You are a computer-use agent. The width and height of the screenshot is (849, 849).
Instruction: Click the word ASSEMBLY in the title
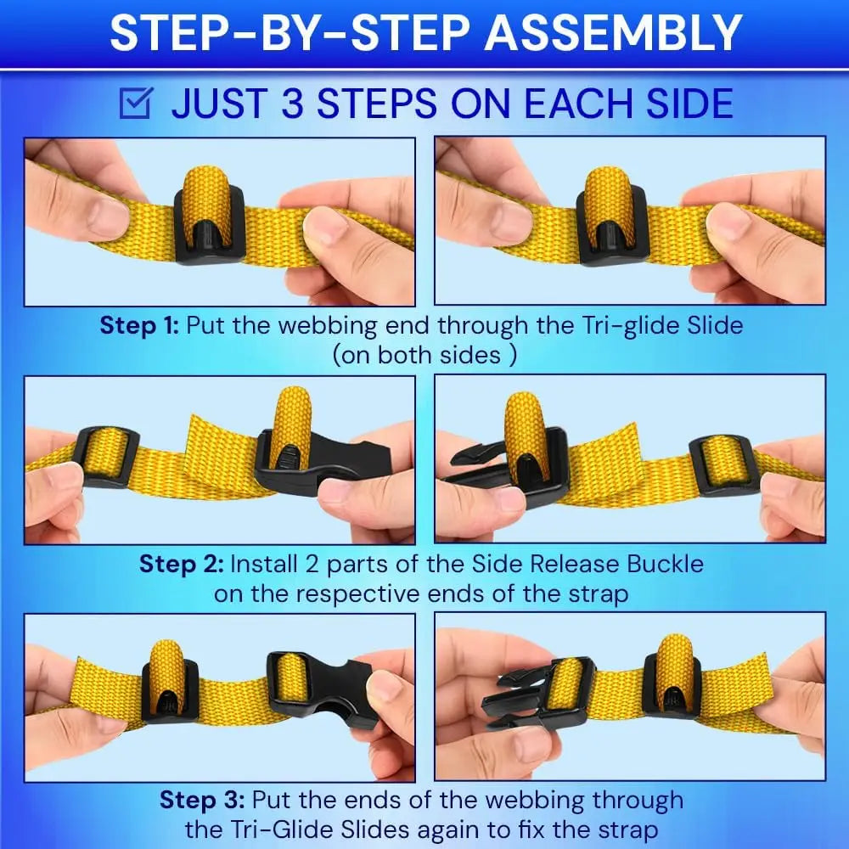tap(612, 33)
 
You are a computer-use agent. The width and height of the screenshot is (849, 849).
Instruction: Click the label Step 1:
tap(139, 325)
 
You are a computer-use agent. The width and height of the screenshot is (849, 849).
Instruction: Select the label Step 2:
tap(181, 565)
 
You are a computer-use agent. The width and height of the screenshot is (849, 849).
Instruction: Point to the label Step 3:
tap(202, 801)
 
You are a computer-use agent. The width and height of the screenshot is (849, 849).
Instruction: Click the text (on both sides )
tap(424, 355)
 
